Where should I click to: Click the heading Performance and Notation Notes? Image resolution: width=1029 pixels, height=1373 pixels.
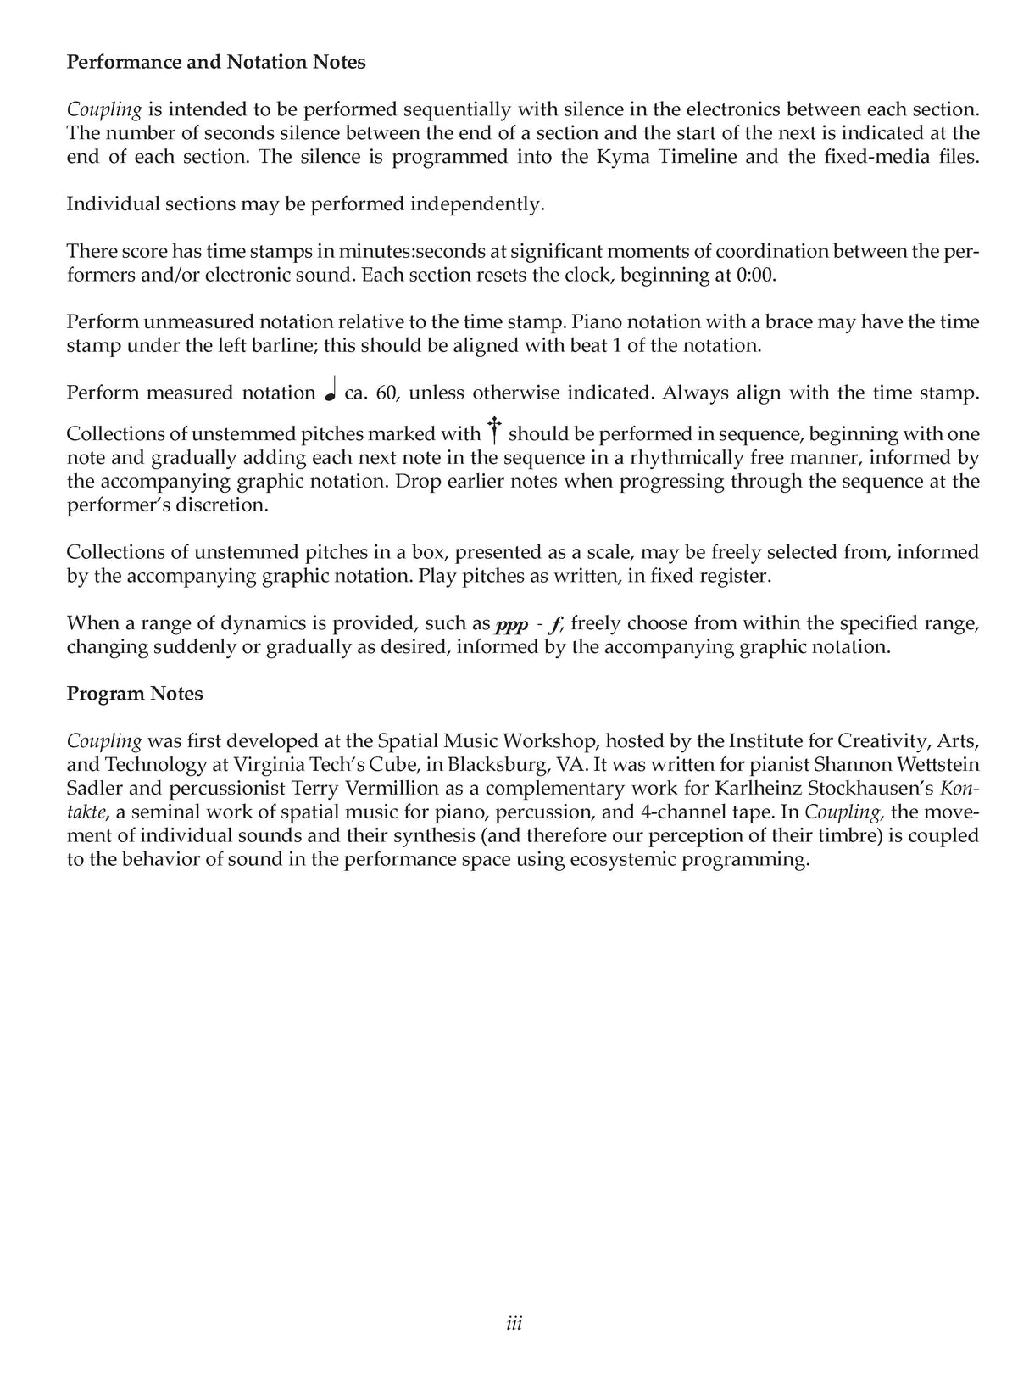[x=216, y=62]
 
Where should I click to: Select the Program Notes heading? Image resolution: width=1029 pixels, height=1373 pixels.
[x=135, y=694]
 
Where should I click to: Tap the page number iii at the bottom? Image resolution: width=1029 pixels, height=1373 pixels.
[x=514, y=1324]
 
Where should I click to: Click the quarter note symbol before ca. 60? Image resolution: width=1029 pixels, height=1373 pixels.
[x=331, y=392]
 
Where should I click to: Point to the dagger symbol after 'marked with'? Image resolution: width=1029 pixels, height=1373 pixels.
[x=493, y=431]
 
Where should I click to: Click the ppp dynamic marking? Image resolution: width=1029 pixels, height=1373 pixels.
[x=511, y=625]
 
